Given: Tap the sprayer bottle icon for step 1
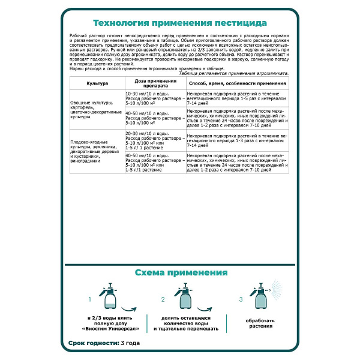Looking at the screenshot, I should click(x=110, y=295).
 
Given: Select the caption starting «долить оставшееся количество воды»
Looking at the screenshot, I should click(x=185, y=323).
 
